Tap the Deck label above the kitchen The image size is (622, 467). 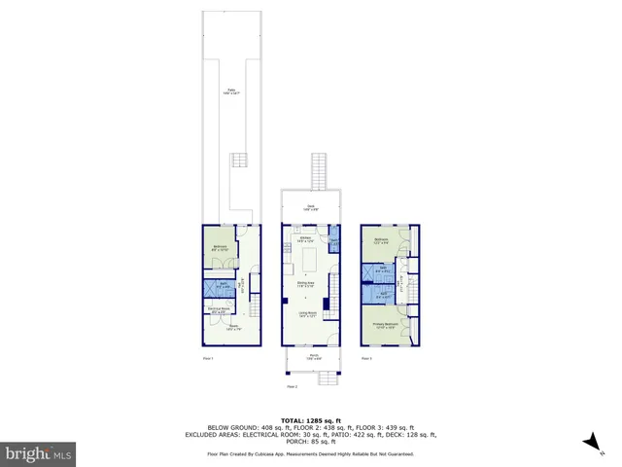coord(311,207)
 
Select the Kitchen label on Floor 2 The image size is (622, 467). coord(306,239)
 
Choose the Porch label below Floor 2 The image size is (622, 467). coord(314,357)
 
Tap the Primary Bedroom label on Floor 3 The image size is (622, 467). coord(386,326)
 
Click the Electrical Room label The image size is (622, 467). coord(220,312)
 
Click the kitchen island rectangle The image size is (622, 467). coord(312,262)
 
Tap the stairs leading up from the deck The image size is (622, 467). coord(317,170)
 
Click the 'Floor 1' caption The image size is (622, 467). coord(207,359)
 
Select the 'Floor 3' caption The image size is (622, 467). coord(366,359)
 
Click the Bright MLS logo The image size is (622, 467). coord(39,453)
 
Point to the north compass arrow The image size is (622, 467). coord(587,443)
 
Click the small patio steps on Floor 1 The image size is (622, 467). coord(241,162)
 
